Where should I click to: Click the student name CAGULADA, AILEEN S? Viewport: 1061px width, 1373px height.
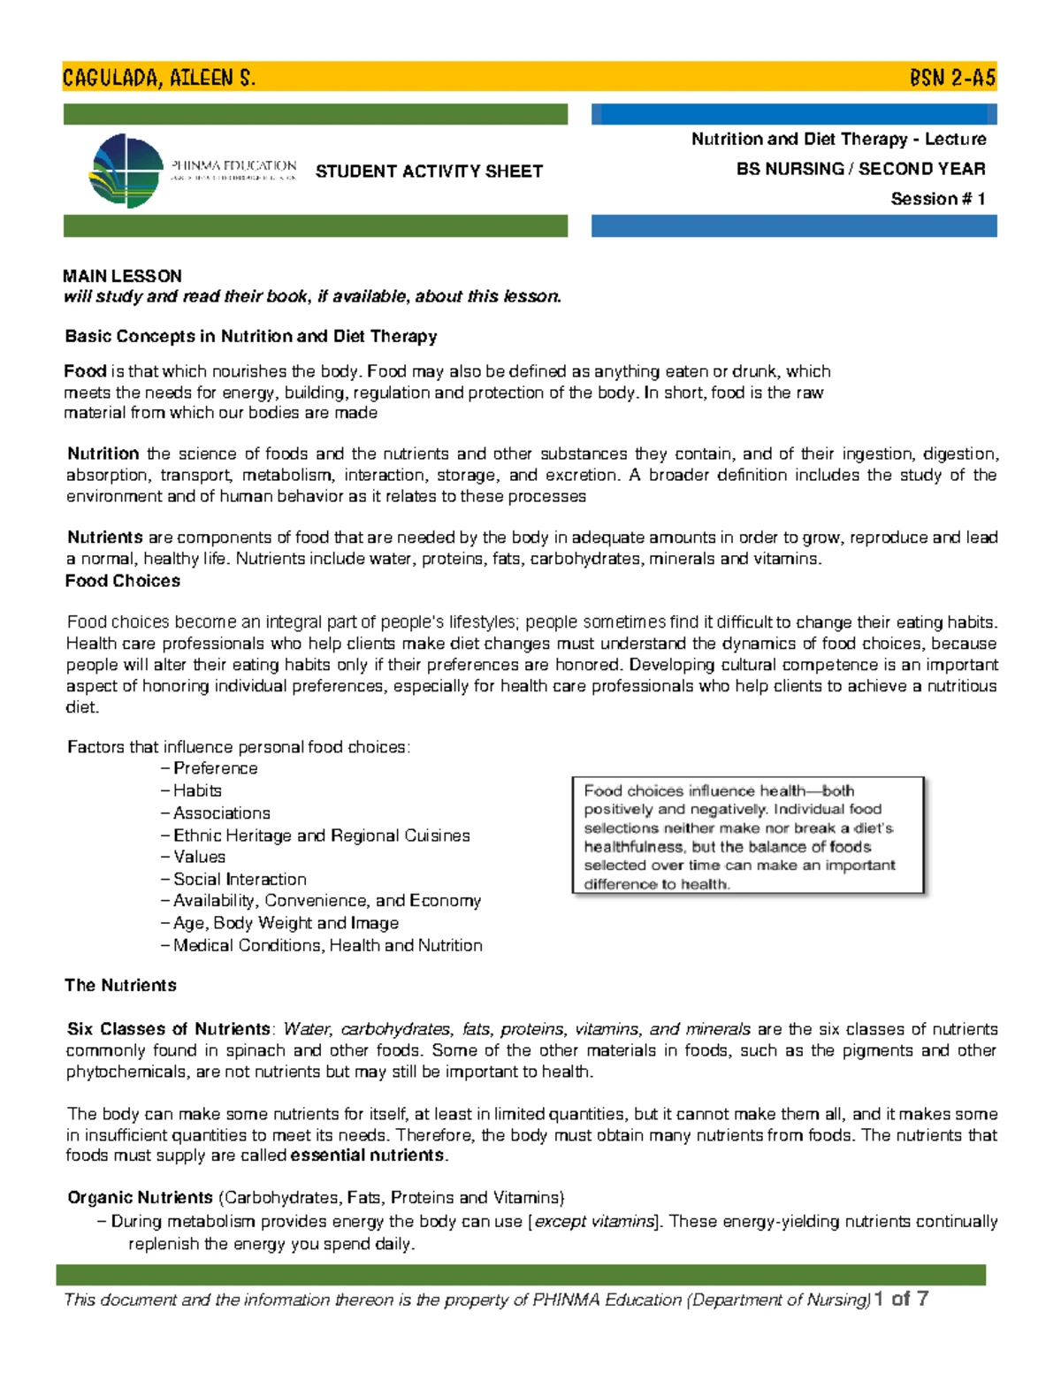[x=159, y=78]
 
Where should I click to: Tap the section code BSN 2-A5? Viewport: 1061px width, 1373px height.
[x=952, y=78]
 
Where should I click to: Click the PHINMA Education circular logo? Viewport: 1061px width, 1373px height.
[x=127, y=171]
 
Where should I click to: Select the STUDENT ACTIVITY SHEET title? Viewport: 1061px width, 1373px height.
[x=429, y=172]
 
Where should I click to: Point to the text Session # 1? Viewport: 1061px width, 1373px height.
[x=937, y=199]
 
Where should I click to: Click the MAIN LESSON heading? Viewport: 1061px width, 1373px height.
[x=122, y=276]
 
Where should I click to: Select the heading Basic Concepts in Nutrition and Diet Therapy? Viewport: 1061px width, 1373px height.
[x=251, y=336]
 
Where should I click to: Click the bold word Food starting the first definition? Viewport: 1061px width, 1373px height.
[x=85, y=371]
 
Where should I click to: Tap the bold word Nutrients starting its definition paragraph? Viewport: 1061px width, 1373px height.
[x=104, y=538]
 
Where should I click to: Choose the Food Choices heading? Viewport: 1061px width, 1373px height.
[x=123, y=581]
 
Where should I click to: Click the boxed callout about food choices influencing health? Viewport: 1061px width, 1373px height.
[x=748, y=836]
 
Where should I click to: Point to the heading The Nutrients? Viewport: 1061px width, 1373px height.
[x=120, y=985]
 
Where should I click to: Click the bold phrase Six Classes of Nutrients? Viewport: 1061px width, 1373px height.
[x=169, y=1029]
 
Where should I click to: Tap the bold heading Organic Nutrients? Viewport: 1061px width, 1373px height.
[x=140, y=1198]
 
